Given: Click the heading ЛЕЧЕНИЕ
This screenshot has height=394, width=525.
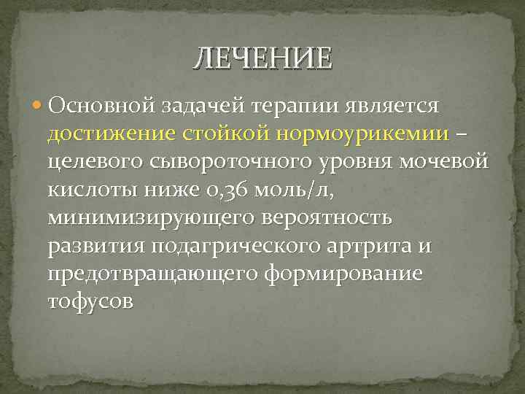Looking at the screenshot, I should [262, 58].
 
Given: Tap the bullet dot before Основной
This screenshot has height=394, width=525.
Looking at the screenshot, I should [38, 107].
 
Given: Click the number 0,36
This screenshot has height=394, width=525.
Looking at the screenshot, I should [224, 190].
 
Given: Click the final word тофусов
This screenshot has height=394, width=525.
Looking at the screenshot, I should [90, 301].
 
